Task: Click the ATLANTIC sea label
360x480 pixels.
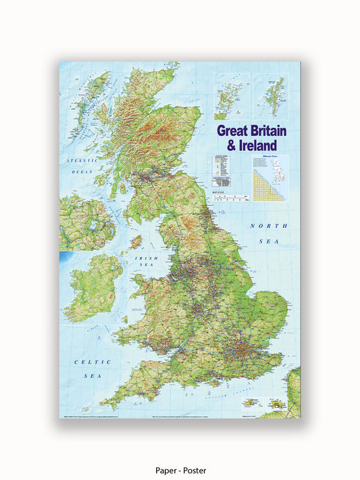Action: point(79,161)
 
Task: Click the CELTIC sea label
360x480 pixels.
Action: point(87,362)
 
